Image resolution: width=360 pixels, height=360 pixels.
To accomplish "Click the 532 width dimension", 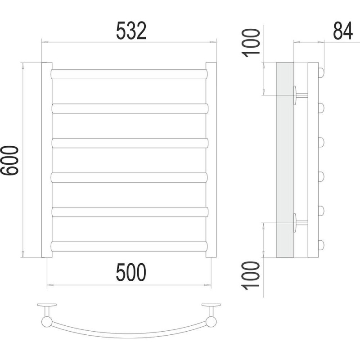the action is [x=131, y=31].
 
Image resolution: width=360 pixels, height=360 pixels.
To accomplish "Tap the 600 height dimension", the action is [x=9, y=160].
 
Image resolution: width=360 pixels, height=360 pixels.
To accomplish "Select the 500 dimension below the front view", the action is [x=131, y=272].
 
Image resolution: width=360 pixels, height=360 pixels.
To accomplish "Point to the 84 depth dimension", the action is [x=342, y=31].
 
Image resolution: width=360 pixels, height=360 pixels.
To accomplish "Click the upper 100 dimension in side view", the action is [x=251, y=43].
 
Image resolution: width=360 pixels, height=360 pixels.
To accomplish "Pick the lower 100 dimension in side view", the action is [x=251, y=275].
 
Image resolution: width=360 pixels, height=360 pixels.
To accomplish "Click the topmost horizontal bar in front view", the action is [x=129, y=74].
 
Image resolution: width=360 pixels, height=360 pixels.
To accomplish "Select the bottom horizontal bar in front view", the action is [x=129, y=246].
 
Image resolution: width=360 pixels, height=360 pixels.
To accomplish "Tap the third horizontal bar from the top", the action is [x=130, y=143].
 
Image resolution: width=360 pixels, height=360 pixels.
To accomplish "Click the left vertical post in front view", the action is [x=47, y=160].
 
